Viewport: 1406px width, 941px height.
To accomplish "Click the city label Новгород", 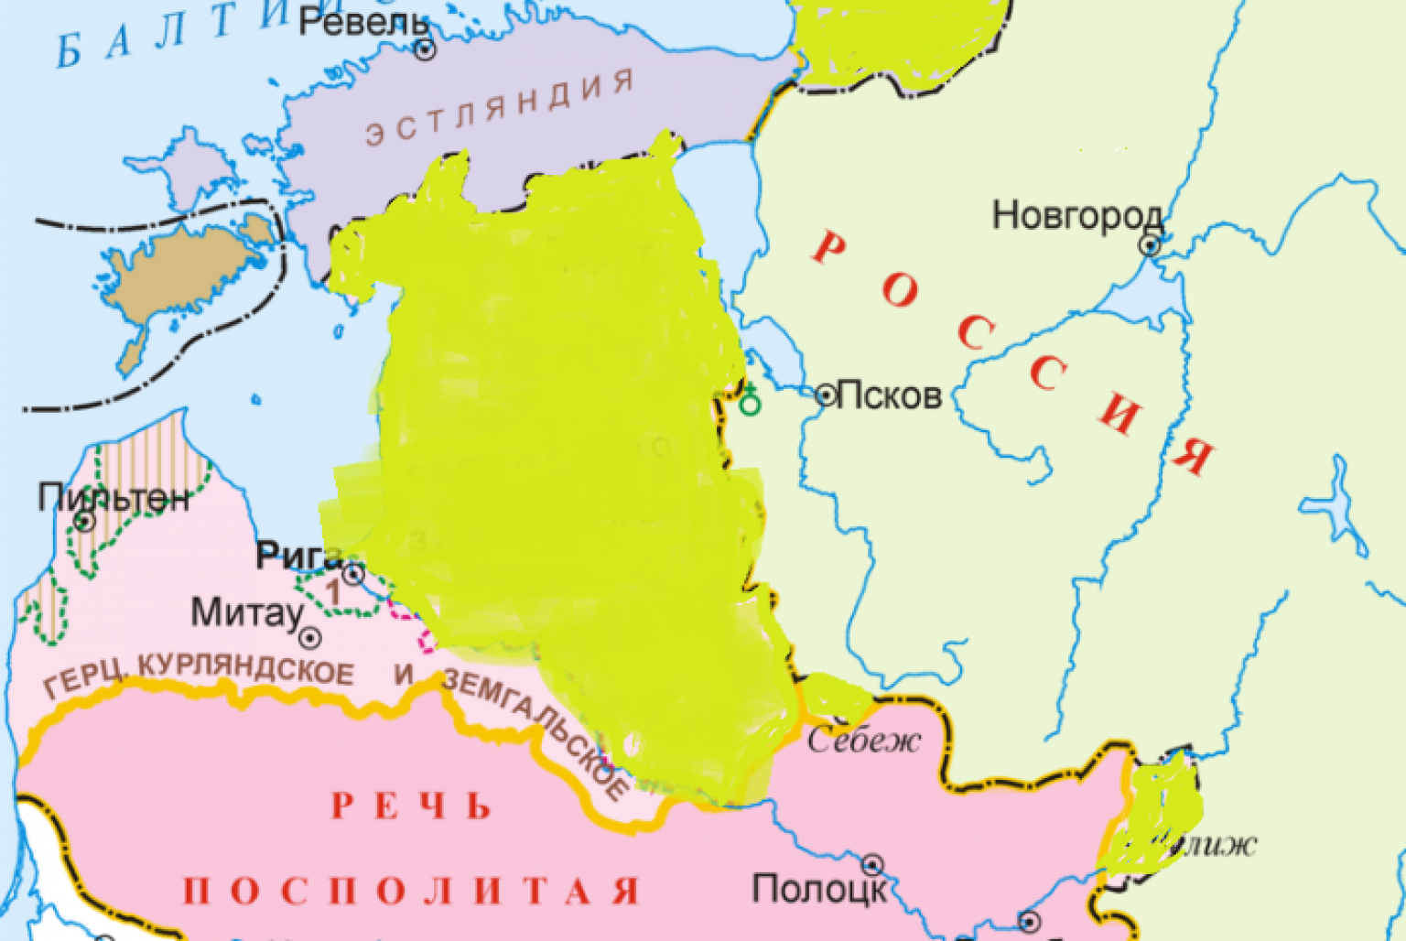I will tap(1076, 217).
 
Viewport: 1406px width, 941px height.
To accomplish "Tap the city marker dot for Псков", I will tap(826, 395).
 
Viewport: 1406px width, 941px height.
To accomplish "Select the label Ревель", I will tap(363, 22).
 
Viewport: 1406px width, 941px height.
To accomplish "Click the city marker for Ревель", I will tap(425, 49).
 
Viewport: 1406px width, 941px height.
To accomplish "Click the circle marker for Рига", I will tap(353, 575).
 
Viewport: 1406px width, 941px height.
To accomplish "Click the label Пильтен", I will tap(114, 498).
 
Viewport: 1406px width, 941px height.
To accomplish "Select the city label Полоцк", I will tap(818, 889).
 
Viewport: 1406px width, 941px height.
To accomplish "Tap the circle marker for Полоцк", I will tap(872, 864).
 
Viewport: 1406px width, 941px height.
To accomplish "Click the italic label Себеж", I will tap(863, 740).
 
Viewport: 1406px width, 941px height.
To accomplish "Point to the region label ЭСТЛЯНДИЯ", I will tap(500, 109).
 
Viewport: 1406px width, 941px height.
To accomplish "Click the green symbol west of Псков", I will tap(750, 399).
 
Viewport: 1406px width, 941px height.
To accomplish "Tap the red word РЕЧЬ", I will tap(411, 806).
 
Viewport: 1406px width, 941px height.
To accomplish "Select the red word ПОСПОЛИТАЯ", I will tap(411, 891).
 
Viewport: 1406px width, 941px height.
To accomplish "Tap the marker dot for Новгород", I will tap(1150, 245).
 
